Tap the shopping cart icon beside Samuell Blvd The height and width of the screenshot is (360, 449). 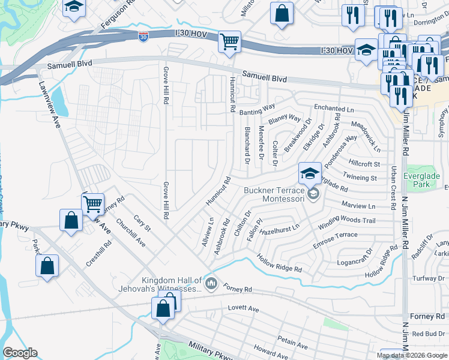[x=229, y=43]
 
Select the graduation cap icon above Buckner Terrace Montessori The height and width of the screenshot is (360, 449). [x=310, y=173]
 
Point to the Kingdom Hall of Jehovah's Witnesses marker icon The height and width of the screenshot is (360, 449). [x=211, y=283]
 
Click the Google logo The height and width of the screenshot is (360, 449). [x=20, y=353]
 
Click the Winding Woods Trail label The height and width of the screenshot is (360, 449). [x=346, y=221]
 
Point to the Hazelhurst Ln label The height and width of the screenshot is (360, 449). [x=280, y=229]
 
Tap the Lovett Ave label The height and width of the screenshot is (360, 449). [x=243, y=309]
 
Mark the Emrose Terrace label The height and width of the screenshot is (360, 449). [x=335, y=236]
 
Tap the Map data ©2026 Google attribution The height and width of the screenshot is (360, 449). [x=412, y=355]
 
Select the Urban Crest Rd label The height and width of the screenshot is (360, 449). [x=394, y=187]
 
